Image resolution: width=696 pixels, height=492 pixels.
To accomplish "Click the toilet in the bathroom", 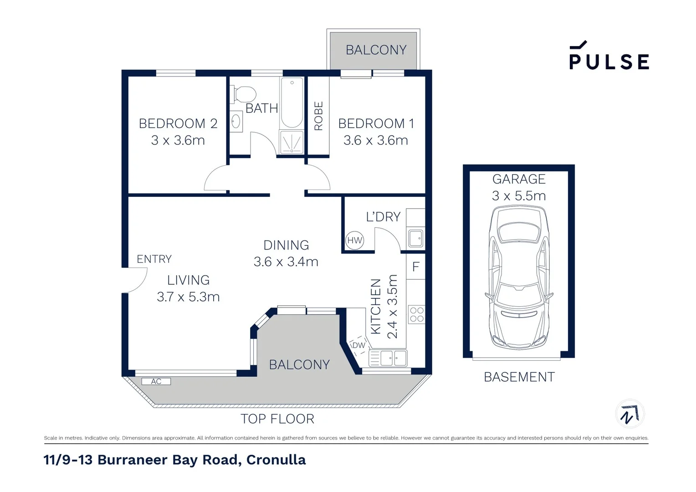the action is [x=245, y=94].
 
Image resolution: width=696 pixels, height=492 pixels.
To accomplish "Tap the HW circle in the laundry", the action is [x=354, y=240].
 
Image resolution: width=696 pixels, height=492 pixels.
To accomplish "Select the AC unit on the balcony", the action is [x=156, y=381].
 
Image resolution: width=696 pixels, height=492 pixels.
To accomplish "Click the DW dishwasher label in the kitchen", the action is [x=359, y=345].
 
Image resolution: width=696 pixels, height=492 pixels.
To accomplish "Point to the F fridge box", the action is [x=415, y=266].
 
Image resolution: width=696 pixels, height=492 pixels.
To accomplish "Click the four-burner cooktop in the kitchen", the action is [x=416, y=314].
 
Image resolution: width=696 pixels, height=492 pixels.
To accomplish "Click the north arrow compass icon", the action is [x=629, y=414].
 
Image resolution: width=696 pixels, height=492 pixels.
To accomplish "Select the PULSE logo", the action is [x=609, y=56].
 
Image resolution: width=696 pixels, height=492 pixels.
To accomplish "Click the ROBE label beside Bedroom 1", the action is [x=318, y=116].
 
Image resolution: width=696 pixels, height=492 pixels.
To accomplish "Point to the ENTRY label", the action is [x=154, y=259].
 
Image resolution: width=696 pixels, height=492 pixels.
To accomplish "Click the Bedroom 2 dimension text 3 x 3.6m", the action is [x=178, y=140].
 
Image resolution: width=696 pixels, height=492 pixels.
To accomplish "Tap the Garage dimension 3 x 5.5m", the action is [x=519, y=196].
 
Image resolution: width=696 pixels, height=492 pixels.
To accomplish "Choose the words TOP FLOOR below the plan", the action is [x=277, y=419].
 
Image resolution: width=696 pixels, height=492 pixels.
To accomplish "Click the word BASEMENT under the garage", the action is [x=519, y=377].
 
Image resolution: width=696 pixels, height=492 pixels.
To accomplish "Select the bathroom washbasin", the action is [x=236, y=122].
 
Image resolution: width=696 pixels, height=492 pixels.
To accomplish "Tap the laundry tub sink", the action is [x=415, y=238].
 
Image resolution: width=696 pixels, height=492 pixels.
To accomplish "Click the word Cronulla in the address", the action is [x=276, y=460].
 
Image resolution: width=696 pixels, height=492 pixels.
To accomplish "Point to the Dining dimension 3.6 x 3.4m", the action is [x=286, y=262].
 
